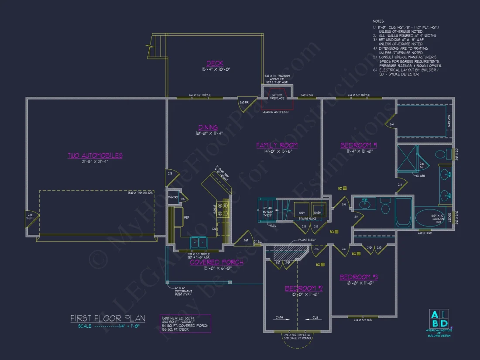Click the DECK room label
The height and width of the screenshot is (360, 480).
[x=215, y=63]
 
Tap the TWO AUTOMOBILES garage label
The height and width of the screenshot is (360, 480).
[x=95, y=155]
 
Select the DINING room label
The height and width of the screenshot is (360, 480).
[x=208, y=127]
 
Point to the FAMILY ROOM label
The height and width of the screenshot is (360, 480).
[x=277, y=145]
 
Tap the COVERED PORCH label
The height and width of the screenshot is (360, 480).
[x=216, y=262]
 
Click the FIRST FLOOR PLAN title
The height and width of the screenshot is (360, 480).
[x=108, y=319]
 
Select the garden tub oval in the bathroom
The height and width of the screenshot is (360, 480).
[x=430, y=218]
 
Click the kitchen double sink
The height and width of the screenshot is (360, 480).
[x=199, y=242]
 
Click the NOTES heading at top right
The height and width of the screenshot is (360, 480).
[x=378, y=21]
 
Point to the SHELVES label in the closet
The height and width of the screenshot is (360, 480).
[x=449, y=121]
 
